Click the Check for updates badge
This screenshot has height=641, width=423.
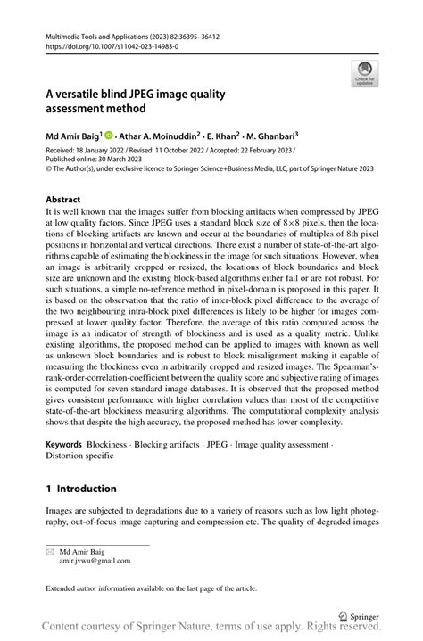(x=364, y=75)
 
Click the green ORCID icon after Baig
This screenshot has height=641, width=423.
(x=110, y=136)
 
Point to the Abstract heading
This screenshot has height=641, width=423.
(x=62, y=200)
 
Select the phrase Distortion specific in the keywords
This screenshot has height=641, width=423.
(x=79, y=455)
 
